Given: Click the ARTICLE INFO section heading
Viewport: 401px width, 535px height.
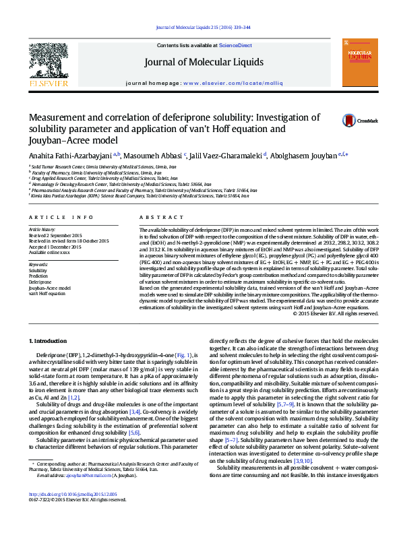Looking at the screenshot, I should coord(61,218).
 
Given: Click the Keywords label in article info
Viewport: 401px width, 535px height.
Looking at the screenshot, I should coord(38,265).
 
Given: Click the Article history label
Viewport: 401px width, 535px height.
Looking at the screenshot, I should coord(42,230).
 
